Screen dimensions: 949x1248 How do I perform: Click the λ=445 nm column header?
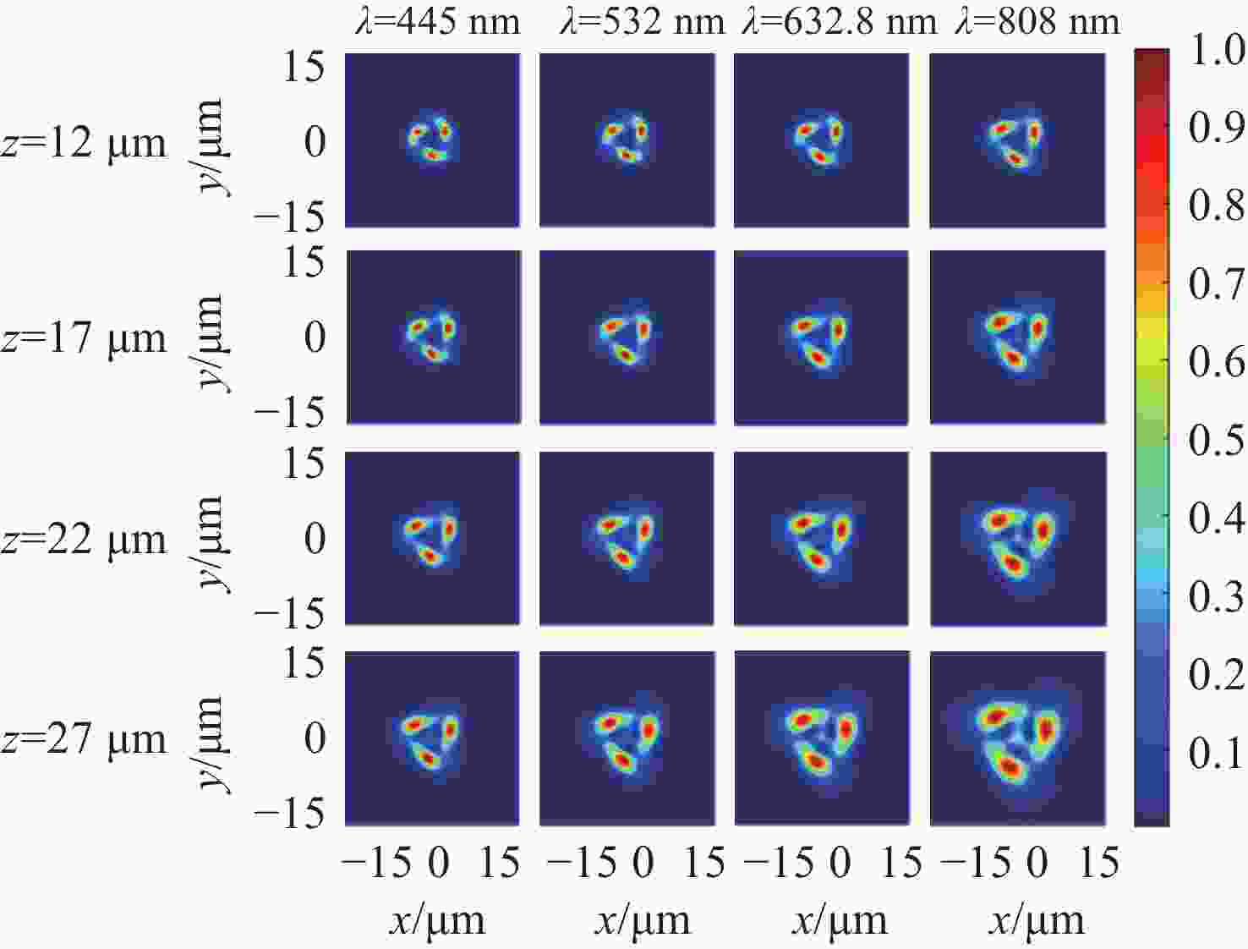click(437, 20)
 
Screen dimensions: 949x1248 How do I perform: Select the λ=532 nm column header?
click(642, 20)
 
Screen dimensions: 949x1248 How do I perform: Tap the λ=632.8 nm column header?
click(839, 20)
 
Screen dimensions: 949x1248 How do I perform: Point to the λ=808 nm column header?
click(1037, 20)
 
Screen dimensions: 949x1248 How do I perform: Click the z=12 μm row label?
click(84, 142)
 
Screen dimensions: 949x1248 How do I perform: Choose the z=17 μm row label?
click(84, 337)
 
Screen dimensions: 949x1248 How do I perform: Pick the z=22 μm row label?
click(84, 539)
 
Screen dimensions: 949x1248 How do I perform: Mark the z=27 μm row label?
click(84, 738)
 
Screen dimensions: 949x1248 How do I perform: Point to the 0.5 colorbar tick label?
click(1216, 440)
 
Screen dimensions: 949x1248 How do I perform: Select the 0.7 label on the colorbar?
click(1216, 284)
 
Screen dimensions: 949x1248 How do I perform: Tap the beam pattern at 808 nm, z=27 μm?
click(1017, 741)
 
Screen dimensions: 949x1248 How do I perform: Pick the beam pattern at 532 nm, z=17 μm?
click(627, 337)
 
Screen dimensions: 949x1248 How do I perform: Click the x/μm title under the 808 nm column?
click(1037, 920)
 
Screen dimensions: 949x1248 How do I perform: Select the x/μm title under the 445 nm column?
click(437, 920)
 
